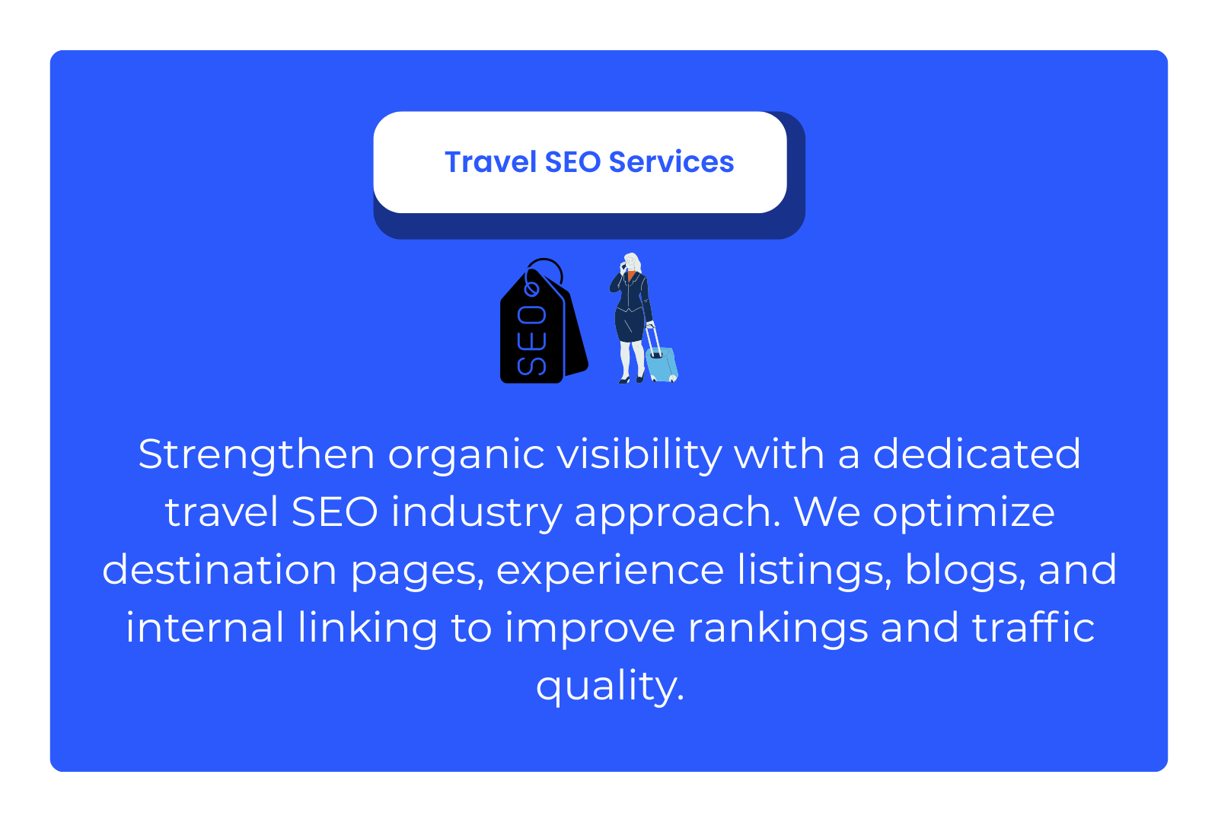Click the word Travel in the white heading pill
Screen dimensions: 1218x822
pyautogui.click(x=491, y=162)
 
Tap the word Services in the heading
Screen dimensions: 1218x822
pyautogui.click(x=671, y=162)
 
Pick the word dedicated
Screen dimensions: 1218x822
pyautogui.click(x=977, y=454)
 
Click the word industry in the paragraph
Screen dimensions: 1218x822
pyautogui.click(x=477, y=513)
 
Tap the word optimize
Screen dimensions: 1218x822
pyautogui.click(x=964, y=513)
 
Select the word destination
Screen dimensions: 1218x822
pyautogui.click(x=220, y=570)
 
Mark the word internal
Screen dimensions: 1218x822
pyautogui.click(x=206, y=627)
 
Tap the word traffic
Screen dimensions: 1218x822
pyautogui.click(x=1033, y=627)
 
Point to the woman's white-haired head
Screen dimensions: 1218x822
pyautogui.click(x=632, y=262)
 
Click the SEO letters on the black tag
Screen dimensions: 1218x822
pyautogui.click(x=532, y=340)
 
